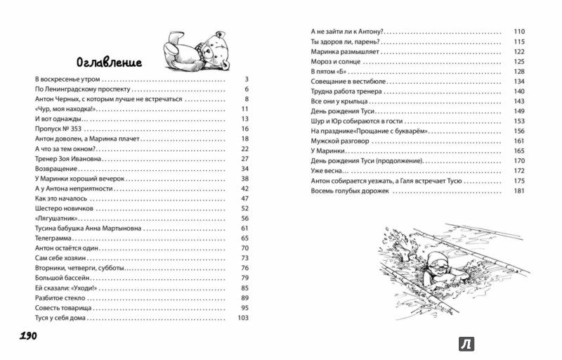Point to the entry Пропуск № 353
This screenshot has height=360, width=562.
click(58, 130)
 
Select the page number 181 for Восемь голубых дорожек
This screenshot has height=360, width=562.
click(519, 191)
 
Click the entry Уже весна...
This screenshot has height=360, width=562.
click(325, 171)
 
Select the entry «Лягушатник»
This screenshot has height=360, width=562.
click(56, 219)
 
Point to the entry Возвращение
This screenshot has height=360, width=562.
click(55, 169)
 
